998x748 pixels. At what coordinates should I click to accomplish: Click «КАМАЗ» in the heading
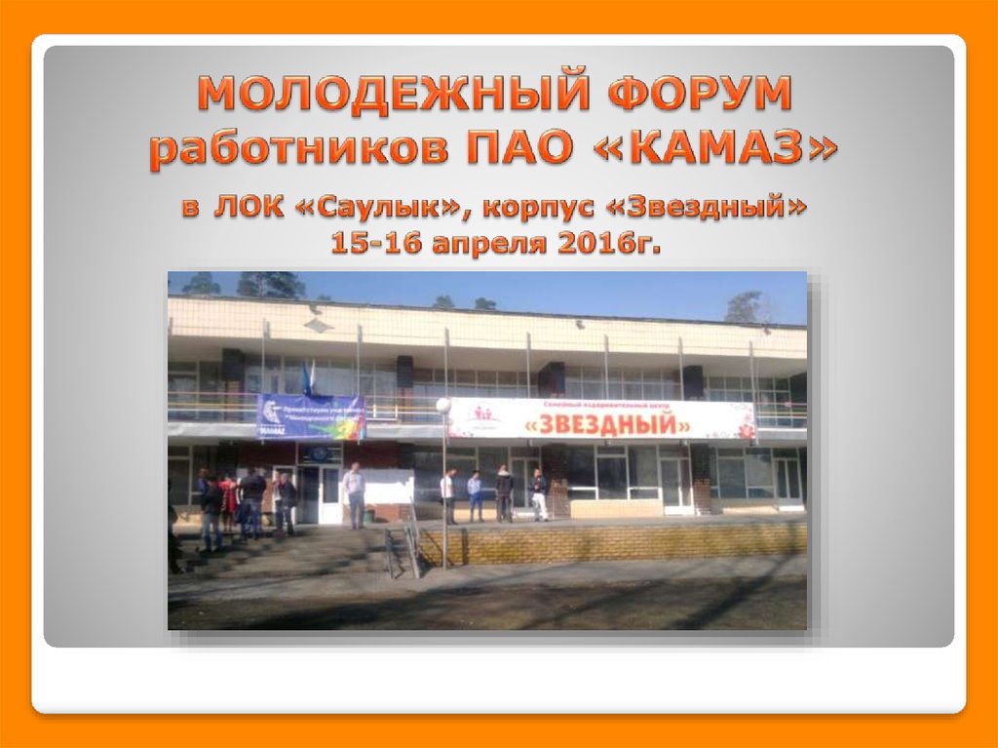pos(722,148)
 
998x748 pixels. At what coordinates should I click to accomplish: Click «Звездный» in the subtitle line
pos(697,209)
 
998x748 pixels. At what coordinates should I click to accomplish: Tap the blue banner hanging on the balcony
pos(311,416)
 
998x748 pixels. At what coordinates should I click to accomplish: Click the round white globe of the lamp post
pos(442,405)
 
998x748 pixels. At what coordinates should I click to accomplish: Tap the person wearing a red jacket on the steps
pos(228,497)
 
